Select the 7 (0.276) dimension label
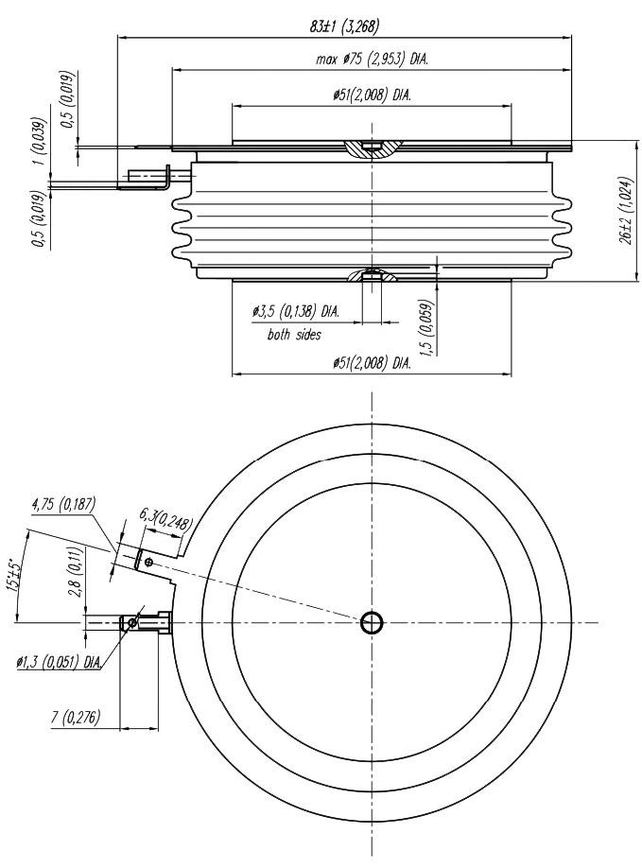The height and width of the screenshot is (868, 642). pyautogui.click(x=79, y=718)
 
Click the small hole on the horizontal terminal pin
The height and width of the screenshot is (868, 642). pyautogui.click(x=133, y=622)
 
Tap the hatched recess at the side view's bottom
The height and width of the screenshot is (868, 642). pyautogui.click(x=373, y=276)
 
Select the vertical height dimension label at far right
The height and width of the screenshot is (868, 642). pyautogui.click(x=624, y=225)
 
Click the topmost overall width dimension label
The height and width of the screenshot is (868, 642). pyautogui.click(x=344, y=27)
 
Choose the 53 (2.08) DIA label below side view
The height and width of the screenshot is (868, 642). pyautogui.click(x=371, y=363)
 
